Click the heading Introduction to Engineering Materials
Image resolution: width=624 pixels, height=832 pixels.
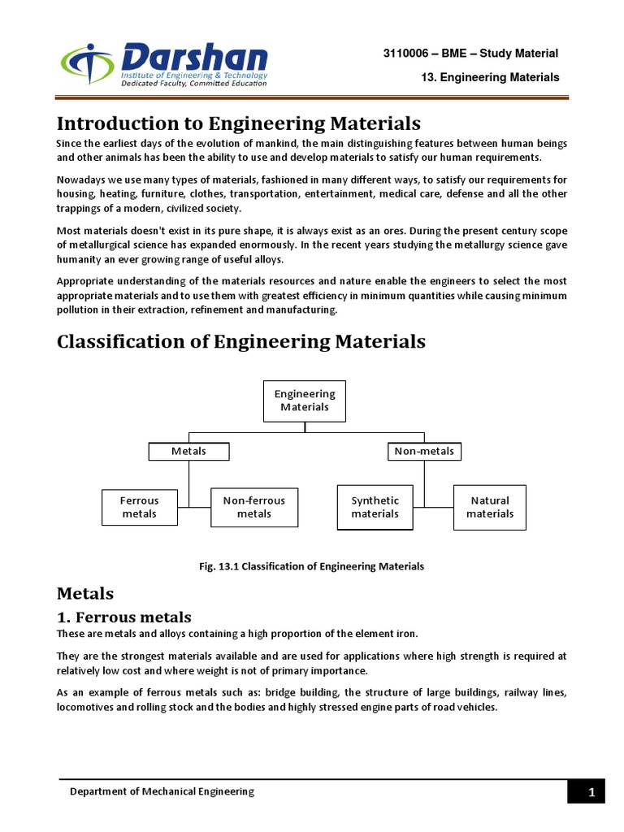(x=238, y=123)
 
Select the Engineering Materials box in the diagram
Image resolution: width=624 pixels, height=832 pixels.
(x=305, y=401)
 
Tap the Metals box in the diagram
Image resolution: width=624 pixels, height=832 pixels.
(x=188, y=451)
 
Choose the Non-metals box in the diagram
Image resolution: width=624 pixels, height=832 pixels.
(x=423, y=451)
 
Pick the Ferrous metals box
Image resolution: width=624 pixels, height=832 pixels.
(x=139, y=507)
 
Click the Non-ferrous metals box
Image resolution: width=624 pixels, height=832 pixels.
(x=253, y=507)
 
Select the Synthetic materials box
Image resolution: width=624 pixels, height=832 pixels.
(x=375, y=507)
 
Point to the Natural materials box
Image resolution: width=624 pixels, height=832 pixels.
(x=490, y=507)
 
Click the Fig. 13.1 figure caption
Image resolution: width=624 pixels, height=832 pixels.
(x=311, y=566)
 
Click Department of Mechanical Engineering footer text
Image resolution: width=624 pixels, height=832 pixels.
(x=162, y=791)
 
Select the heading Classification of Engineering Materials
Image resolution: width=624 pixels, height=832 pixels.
(x=240, y=341)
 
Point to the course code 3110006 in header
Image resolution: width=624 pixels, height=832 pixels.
(x=409, y=54)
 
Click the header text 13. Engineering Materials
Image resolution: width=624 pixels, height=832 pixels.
(x=490, y=78)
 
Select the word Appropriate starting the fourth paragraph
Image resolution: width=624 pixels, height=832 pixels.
(x=85, y=280)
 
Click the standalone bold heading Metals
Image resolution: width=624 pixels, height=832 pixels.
(x=84, y=594)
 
